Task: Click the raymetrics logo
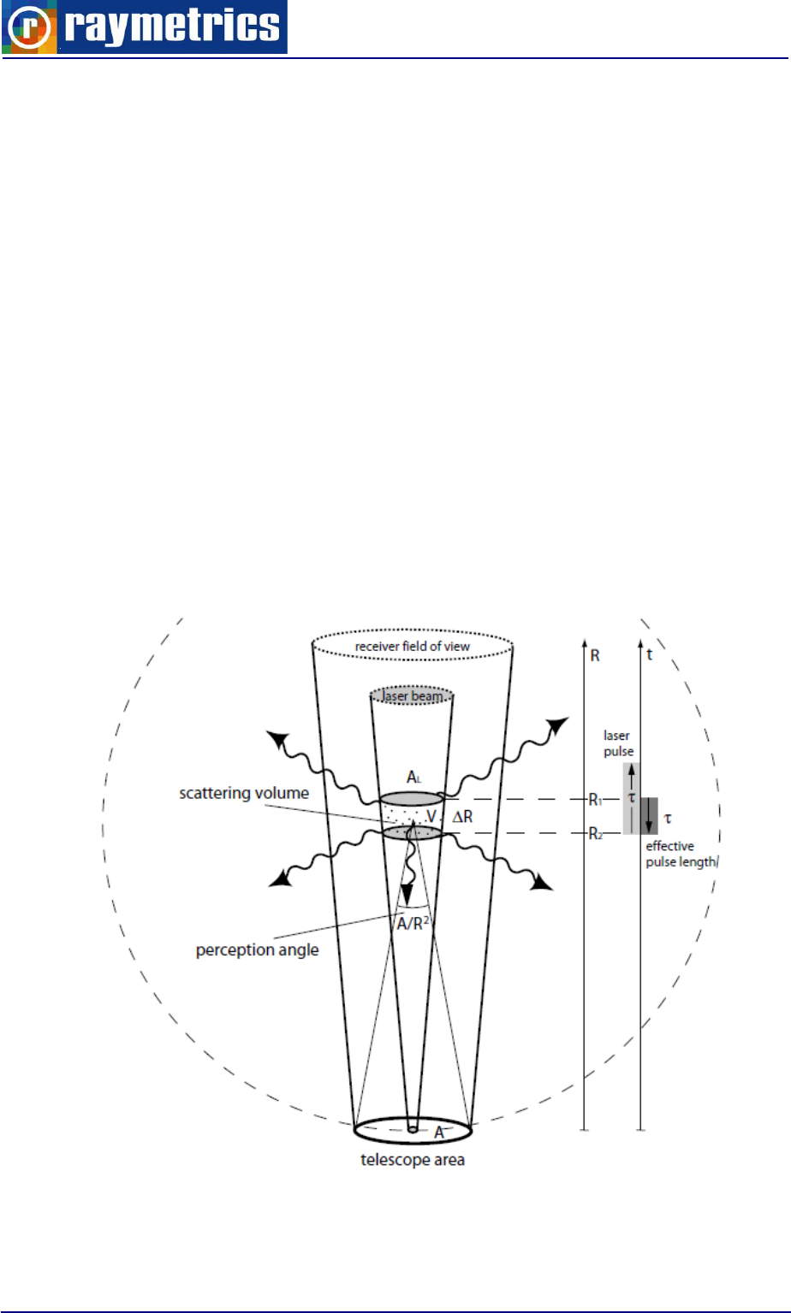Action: pyautogui.click(x=144, y=27)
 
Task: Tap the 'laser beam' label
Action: pyautogui.click(x=413, y=697)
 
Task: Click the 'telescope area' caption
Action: pyautogui.click(x=413, y=1161)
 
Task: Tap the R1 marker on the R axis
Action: pyautogui.click(x=594, y=800)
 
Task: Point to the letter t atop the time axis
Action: pyautogui.click(x=651, y=657)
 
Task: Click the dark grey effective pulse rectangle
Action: pyautogui.click(x=650, y=815)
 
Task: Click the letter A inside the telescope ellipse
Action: pyautogui.click(x=438, y=1132)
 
